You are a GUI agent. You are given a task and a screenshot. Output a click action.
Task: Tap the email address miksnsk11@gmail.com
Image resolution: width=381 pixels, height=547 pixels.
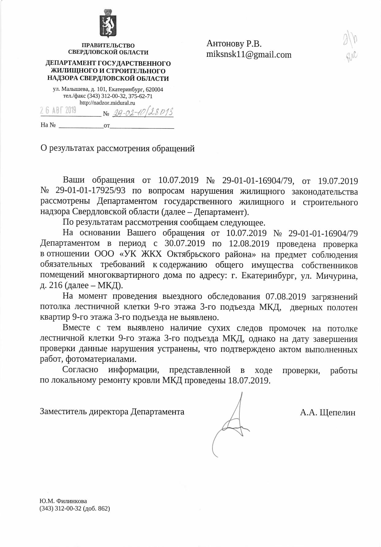(249, 55)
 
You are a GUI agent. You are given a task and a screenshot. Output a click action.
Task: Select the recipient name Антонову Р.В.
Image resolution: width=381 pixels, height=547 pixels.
(234, 44)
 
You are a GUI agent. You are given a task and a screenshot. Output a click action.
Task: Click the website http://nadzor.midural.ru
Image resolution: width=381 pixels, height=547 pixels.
(107, 103)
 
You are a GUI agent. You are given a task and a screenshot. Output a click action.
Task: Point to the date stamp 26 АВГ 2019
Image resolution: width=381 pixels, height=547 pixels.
(58, 110)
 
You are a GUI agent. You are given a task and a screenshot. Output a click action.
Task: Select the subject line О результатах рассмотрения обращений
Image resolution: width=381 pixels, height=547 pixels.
(118, 149)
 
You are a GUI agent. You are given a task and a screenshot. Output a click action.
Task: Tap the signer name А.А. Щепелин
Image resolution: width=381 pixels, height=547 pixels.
(328, 412)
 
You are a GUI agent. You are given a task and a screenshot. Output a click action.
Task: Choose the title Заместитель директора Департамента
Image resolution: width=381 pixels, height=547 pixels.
(112, 412)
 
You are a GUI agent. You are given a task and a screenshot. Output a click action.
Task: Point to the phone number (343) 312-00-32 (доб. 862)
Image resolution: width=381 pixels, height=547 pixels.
(75, 509)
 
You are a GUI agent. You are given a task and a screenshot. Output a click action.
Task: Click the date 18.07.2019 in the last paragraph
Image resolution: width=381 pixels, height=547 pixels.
(249, 381)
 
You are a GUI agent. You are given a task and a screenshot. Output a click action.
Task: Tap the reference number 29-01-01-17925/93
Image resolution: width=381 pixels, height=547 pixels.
(90, 191)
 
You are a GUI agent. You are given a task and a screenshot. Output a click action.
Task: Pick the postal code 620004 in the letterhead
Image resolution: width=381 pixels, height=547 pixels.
(154, 90)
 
